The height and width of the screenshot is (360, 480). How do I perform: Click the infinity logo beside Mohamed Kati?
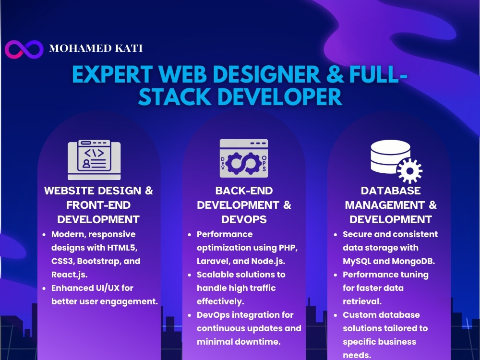click(24, 49)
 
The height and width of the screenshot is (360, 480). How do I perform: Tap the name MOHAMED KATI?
click(96, 48)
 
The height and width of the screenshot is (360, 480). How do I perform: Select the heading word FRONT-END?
click(98, 205)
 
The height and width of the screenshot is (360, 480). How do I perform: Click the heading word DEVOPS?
click(244, 219)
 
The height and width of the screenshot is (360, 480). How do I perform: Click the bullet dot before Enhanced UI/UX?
click(44, 288)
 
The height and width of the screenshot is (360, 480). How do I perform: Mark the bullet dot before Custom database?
click(335, 315)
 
